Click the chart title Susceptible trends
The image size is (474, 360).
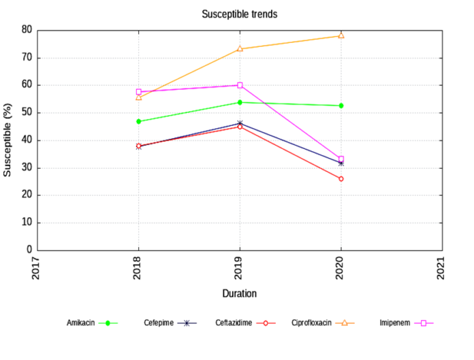pos(239,14)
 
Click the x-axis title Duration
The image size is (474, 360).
pos(239,293)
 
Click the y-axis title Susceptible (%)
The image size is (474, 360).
pos(8,140)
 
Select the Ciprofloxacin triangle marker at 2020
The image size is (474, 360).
pos(341,35)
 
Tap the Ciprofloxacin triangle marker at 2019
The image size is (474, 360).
pos(240,48)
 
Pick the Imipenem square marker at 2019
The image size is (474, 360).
pos(240,85)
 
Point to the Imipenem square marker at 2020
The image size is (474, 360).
pos(341,159)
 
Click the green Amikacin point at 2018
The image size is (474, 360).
pos(138,121)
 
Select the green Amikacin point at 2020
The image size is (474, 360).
pos(341,105)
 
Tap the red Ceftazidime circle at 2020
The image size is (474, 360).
pos(341,178)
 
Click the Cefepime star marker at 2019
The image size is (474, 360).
pos(240,123)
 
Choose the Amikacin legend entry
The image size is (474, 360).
pos(92,323)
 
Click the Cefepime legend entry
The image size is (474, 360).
pos(170,323)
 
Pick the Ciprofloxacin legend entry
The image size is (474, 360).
pos(323,323)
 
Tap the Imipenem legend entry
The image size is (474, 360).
pos(406,323)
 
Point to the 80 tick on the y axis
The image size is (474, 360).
pos(27,30)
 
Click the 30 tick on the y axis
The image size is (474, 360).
pos(27,167)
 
